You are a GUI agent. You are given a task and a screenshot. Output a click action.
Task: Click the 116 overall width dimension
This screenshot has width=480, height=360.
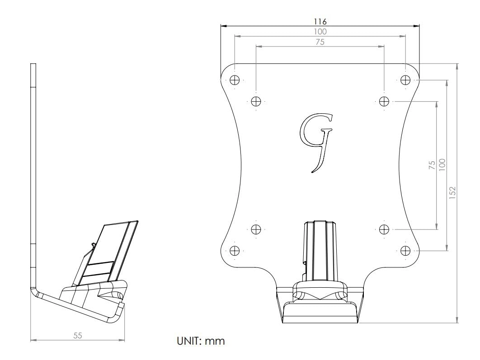[x=320, y=21]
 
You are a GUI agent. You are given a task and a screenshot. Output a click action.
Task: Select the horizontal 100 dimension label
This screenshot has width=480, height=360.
[x=320, y=32]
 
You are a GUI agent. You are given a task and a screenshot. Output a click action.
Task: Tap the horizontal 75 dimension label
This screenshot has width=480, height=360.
[x=320, y=42]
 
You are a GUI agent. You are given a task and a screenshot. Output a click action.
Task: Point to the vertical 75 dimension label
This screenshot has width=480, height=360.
[x=432, y=164]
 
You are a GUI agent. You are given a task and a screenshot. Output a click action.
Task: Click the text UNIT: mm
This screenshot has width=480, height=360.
[x=200, y=341]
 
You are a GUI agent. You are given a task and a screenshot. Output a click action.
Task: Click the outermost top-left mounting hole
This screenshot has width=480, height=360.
[x=235, y=80]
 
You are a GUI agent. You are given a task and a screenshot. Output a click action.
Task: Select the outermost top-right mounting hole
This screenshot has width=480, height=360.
[x=405, y=80]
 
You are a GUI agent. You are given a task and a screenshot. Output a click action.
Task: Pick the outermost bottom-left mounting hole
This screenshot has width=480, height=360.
[x=235, y=250]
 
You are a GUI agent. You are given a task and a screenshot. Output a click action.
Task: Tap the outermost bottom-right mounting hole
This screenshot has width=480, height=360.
[x=405, y=250]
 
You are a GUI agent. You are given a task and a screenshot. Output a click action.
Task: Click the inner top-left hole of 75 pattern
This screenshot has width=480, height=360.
[x=256, y=101]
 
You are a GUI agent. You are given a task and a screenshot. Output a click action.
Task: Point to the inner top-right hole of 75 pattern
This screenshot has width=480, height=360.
[x=384, y=101]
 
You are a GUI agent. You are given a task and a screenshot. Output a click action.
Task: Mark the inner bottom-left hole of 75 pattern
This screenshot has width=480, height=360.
[x=256, y=229]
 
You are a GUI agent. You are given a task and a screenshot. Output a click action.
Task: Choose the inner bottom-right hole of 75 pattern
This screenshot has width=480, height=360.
[x=384, y=229]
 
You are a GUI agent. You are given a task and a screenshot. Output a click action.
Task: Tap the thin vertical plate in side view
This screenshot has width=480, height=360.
[x=33, y=172]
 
